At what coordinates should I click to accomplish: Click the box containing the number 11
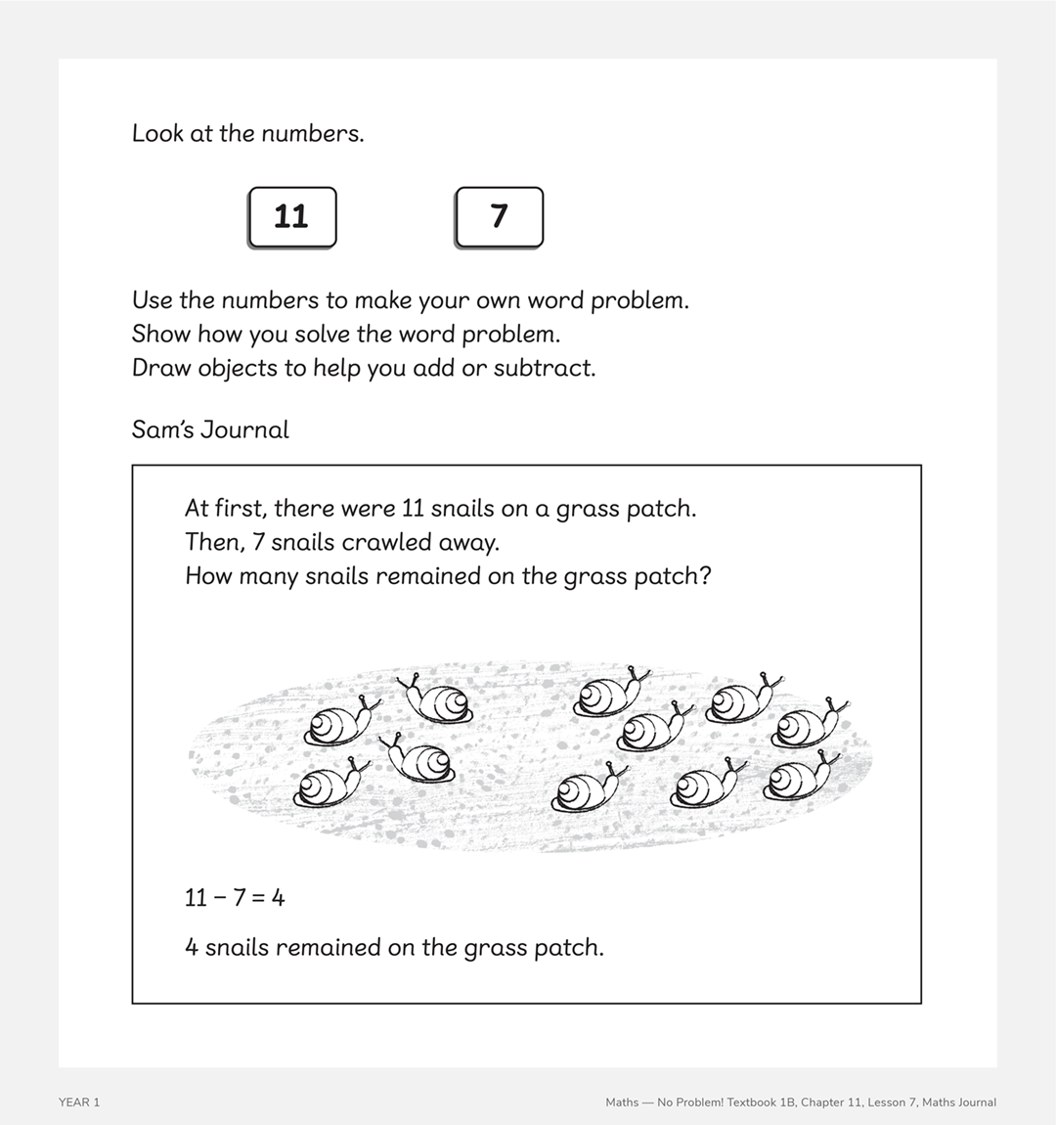click(291, 216)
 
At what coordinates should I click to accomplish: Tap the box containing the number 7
click(499, 216)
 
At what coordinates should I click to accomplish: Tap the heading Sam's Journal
click(210, 430)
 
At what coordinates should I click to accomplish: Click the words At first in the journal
click(225, 509)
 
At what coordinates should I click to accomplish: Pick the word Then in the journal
click(213, 542)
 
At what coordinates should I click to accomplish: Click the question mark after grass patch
click(705, 576)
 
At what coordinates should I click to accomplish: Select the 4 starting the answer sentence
click(192, 948)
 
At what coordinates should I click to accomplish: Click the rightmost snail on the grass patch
click(809, 723)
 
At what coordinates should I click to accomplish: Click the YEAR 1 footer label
click(79, 1102)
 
